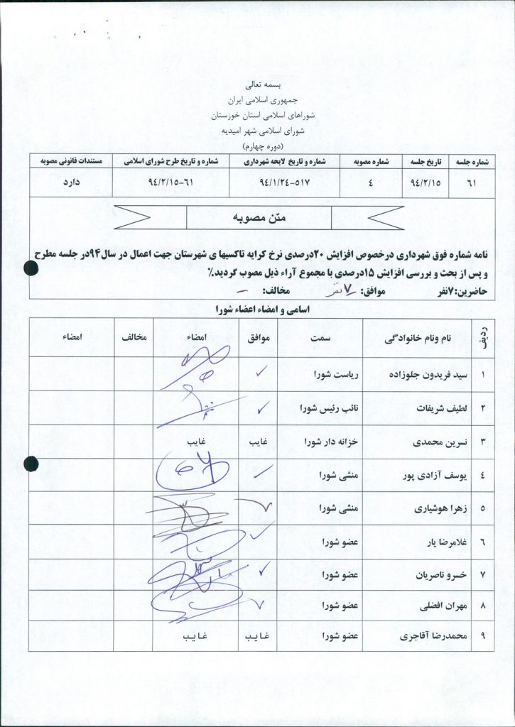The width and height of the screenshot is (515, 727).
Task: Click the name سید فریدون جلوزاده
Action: (425, 373)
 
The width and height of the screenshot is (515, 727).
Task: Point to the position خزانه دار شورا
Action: (328, 442)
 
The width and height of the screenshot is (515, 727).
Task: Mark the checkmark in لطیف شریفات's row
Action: (261, 408)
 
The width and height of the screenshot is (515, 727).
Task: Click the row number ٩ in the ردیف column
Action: (483, 636)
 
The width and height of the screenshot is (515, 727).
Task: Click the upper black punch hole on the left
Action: (31, 268)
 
